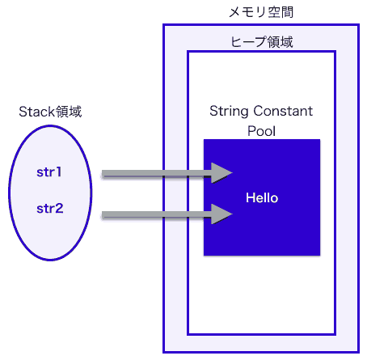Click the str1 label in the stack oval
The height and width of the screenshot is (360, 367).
[x=49, y=172]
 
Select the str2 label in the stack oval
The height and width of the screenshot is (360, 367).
[x=49, y=209]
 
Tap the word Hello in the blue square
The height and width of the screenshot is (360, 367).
[x=262, y=197]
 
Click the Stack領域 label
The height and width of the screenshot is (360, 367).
[x=50, y=112]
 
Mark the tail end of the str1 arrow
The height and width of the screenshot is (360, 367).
[x=104, y=173]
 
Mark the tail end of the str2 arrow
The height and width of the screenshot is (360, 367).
[x=104, y=214]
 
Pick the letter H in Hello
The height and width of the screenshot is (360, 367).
[x=250, y=197]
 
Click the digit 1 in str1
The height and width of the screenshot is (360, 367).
[x=60, y=172]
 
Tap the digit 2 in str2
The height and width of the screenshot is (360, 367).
[x=60, y=209]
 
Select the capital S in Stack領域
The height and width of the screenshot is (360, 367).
[x=23, y=112]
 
